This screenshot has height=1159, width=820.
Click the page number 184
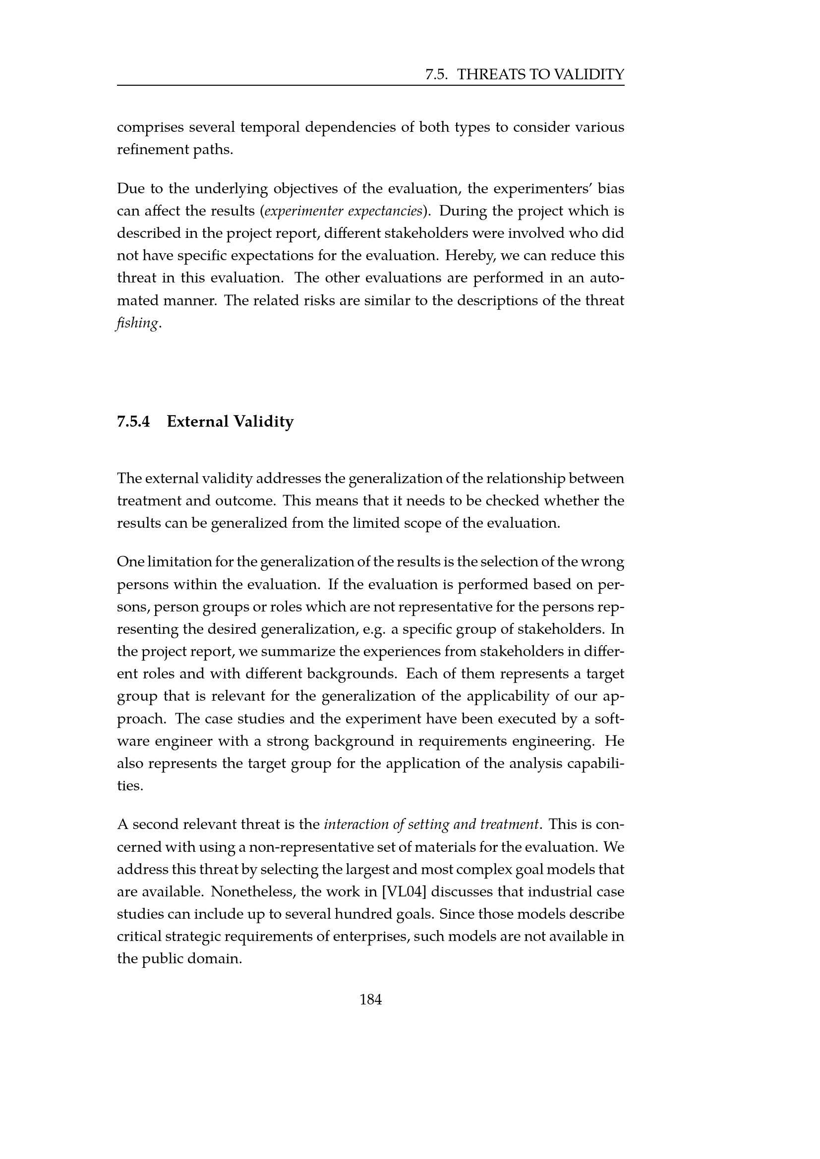tap(370, 999)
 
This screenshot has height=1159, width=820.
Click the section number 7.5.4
tap(133, 421)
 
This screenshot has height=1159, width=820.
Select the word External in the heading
tap(197, 421)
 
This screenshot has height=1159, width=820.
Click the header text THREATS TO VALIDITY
tap(540, 75)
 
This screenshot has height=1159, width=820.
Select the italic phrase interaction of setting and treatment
tap(431, 825)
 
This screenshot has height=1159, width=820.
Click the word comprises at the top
tap(150, 127)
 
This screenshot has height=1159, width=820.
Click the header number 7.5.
tap(437, 75)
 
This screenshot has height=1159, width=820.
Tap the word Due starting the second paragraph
tap(130, 189)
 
